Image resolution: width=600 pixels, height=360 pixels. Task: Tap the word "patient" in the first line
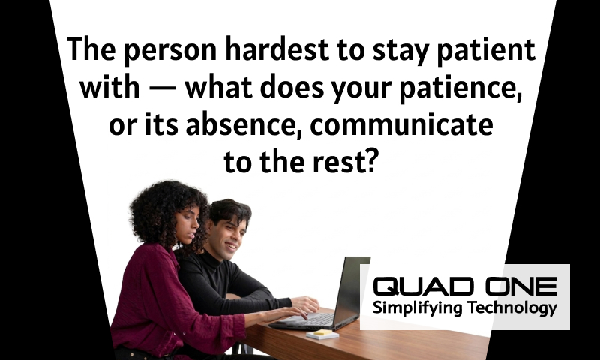pos(485,50)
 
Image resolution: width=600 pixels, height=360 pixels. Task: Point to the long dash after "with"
pos(162,88)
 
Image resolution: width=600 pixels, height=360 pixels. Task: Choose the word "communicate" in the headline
pos(401,125)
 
